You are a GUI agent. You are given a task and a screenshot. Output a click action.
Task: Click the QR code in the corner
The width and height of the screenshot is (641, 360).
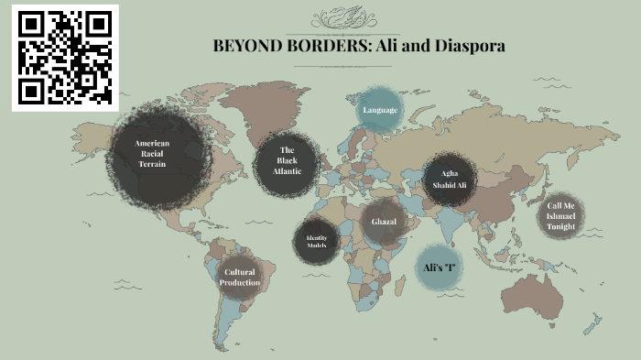[65, 57]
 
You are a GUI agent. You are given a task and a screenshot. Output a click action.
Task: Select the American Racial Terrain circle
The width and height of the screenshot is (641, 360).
[152, 153]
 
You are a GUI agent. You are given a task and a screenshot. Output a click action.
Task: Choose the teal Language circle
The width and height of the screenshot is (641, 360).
[379, 111]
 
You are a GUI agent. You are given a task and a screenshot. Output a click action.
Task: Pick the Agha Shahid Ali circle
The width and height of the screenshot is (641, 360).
[450, 179]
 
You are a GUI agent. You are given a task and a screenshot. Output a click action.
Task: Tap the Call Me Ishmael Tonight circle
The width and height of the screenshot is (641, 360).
[560, 216]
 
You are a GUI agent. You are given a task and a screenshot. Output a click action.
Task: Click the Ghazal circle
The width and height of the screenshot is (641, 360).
[383, 223]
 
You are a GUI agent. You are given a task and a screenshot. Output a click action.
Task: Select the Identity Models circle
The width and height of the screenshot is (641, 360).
[316, 243]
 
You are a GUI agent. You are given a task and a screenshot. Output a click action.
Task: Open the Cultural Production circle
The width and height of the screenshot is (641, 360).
[239, 278]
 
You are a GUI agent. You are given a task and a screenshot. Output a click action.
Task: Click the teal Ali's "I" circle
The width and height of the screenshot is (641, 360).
[440, 267]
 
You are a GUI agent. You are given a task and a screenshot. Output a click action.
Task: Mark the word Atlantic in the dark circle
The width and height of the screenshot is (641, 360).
[287, 171]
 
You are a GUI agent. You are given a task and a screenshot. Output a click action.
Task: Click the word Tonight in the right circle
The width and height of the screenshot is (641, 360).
[561, 226]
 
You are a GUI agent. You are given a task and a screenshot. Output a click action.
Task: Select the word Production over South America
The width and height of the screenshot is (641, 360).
[239, 283]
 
